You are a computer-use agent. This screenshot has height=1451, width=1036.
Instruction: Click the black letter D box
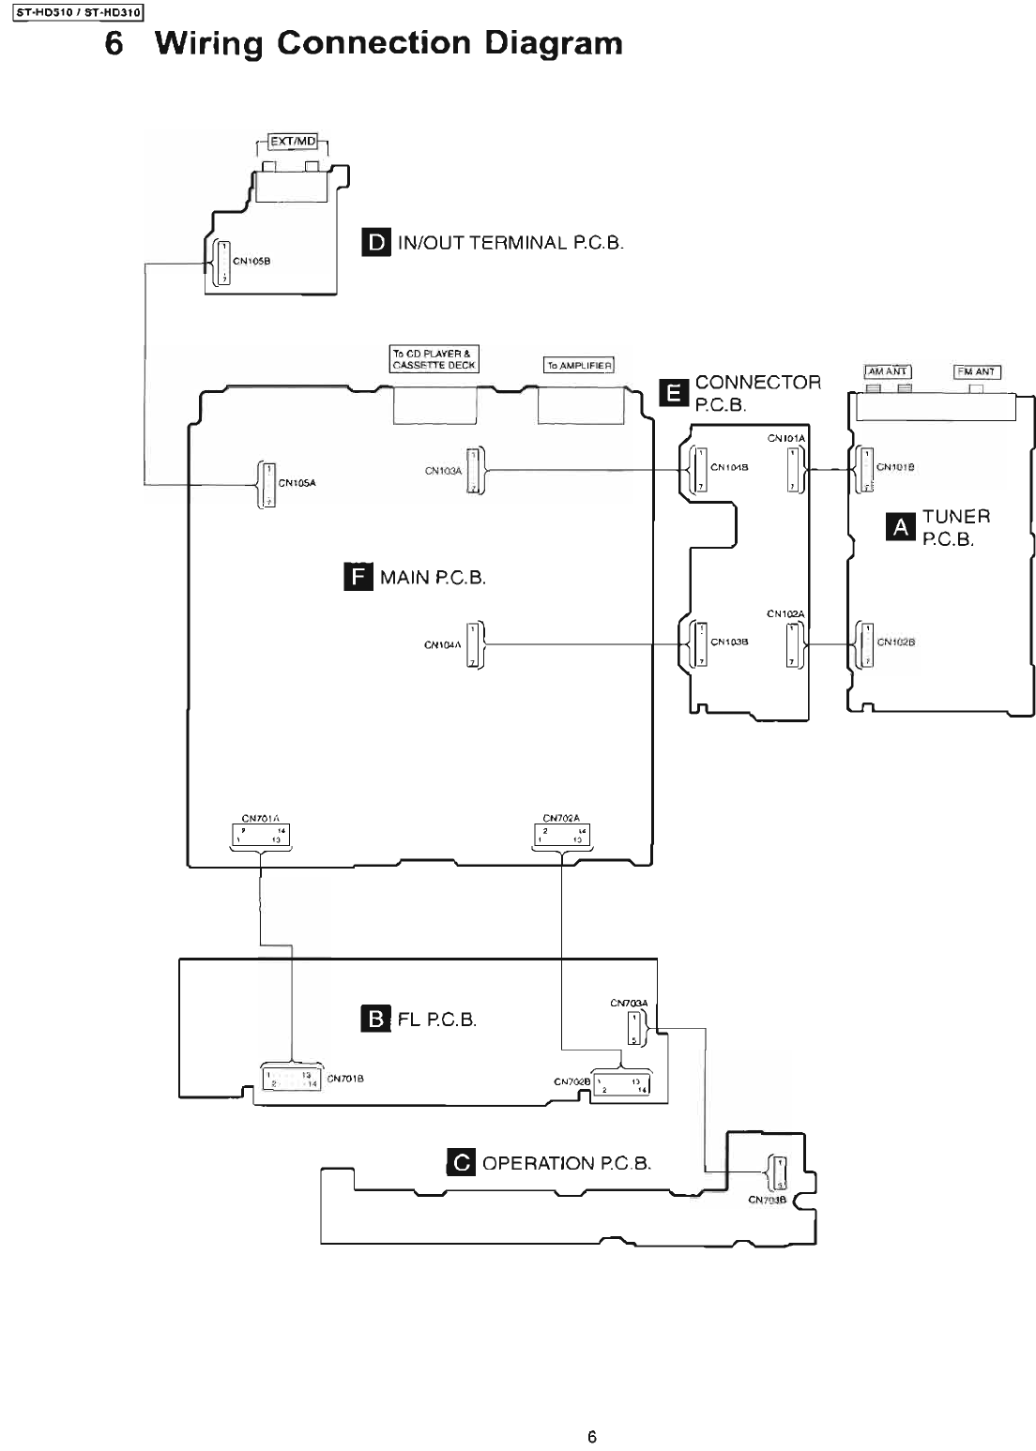376,243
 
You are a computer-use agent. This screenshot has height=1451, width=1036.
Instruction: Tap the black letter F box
358,576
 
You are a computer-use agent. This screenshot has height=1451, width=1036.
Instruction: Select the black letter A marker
902,527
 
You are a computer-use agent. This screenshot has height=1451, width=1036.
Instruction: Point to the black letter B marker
375,1019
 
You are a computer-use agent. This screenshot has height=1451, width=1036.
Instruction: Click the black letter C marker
463,1163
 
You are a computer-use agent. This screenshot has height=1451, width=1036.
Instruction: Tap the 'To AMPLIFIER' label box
579,365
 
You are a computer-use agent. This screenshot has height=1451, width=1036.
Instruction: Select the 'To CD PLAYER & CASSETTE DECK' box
434,359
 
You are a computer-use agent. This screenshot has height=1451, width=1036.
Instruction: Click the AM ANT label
887,371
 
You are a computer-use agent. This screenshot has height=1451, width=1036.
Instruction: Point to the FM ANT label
976,371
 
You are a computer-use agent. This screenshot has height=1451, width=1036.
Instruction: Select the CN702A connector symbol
562,834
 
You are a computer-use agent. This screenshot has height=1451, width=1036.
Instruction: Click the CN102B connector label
896,642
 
